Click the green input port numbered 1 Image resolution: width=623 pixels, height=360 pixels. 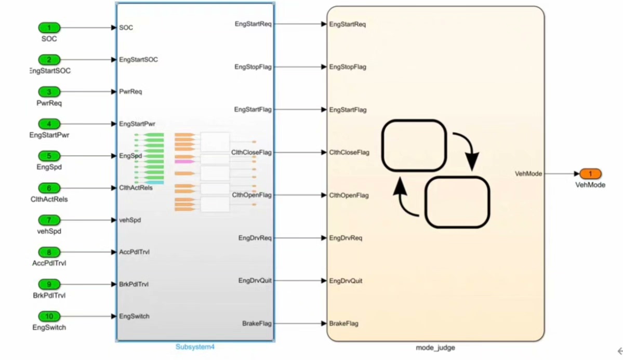pyautogui.click(x=49, y=28)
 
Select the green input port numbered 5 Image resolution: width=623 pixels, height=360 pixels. pyautogui.click(x=49, y=156)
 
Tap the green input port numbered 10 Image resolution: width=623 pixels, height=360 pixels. pyautogui.click(x=49, y=316)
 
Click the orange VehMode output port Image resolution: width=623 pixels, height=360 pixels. pyautogui.click(x=590, y=174)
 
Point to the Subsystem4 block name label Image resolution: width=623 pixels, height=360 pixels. pyautogui.click(x=195, y=347)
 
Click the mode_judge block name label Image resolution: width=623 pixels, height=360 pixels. pyautogui.click(x=435, y=347)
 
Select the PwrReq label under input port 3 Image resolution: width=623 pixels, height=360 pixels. pyautogui.click(x=49, y=103)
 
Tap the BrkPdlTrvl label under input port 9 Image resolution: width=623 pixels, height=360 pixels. pyautogui.click(x=49, y=296)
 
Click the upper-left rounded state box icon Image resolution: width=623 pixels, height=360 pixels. pyautogui.click(x=414, y=146)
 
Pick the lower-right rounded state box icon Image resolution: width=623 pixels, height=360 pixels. pyautogui.click(x=457, y=202)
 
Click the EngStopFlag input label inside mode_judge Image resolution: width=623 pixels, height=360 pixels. pyautogui.click(x=348, y=67)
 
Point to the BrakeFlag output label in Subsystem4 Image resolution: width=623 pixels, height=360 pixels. pyautogui.click(x=257, y=324)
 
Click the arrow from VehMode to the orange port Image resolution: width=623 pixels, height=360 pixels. pyautogui.click(x=562, y=174)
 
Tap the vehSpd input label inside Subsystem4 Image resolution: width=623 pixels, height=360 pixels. pyautogui.click(x=130, y=220)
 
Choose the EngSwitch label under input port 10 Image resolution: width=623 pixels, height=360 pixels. pyautogui.click(x=49, y=328)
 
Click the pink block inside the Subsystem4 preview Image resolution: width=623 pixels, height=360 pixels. pyautogui.click(x=184, y=162)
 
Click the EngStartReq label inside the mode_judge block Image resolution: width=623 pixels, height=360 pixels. pyautogui.click(x=347, y=24)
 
